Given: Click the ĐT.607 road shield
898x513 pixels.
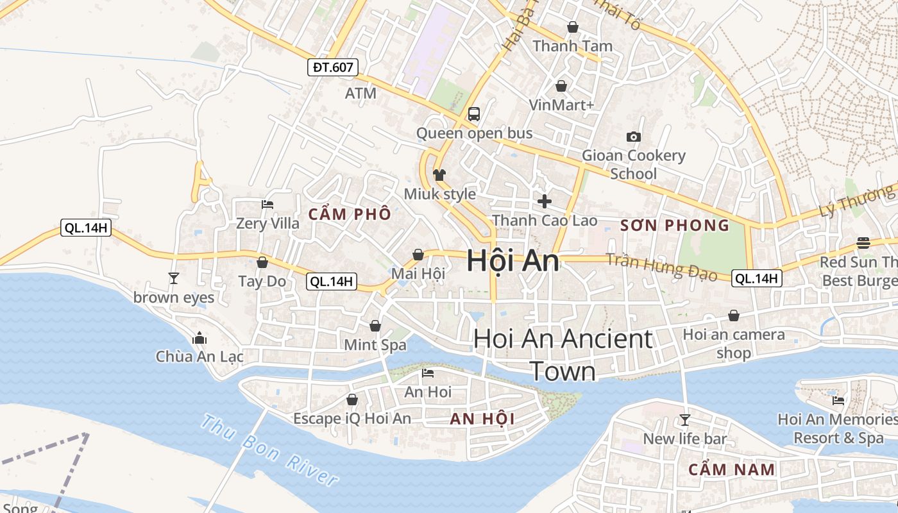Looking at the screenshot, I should pyautogui.click(x=332, y=67).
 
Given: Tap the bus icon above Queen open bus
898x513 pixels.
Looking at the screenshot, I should pyautogui.click(x=474, y=114).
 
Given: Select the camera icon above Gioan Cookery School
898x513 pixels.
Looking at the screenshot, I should pyautogui.click(x=633, y=137).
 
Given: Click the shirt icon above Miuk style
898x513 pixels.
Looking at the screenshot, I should pyautogui.click(x=439, y=174).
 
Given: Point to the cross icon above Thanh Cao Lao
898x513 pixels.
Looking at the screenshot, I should pyautogui.click(x=544, y=201).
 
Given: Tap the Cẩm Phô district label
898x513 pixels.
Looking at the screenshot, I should pyautogui.click(x=350, y=214).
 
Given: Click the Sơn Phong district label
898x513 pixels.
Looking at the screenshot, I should pyautogui.click(x=675, y=225).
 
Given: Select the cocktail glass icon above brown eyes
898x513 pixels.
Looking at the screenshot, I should pyautogui.click(x=173, y=278).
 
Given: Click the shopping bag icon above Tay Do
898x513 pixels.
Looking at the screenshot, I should pyautogui.click(x=262, y=262).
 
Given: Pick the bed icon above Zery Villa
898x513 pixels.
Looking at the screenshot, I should pyautogui.click(x=267, y=205).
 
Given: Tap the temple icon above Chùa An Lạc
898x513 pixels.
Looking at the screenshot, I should pyautogui.click(x=199, y=337).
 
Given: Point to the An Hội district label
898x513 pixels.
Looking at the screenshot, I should pyautogui.click(x=482, y=419).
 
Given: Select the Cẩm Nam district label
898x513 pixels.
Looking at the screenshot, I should pyautogui.click(x=731, y=469).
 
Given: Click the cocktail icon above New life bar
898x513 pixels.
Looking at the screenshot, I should pyautogui.click(x=684, y=419).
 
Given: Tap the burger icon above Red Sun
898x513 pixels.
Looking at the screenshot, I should pyautogui.click(x=863, y=243).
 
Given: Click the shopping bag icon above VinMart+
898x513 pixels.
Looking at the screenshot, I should pyautogui.click(x=561, y=85).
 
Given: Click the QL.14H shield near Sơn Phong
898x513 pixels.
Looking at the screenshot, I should pyautogui.click(x=756, y=278).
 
